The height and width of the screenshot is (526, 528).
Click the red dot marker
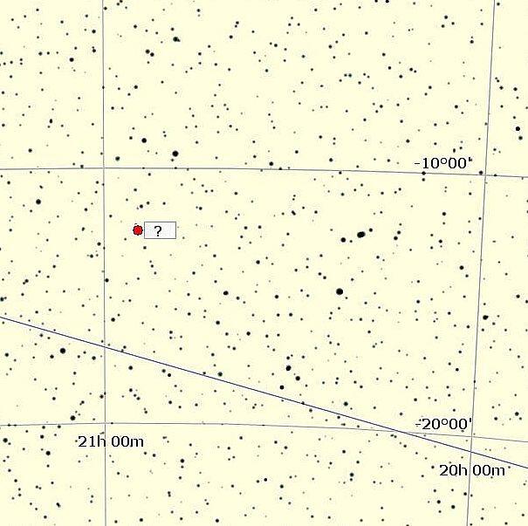138,230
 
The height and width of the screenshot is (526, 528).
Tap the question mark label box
160,230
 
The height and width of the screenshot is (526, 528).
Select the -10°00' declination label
442,163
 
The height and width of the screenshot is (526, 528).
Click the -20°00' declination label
444,424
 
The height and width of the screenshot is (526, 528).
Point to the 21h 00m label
111,441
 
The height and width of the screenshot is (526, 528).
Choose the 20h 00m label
472,471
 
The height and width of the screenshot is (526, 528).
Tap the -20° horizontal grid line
262,426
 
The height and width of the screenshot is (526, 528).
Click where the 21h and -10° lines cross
104,167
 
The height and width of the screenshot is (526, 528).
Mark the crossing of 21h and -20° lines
104,425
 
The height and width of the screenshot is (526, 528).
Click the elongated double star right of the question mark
360,234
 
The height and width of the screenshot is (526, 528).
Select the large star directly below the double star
339,291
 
